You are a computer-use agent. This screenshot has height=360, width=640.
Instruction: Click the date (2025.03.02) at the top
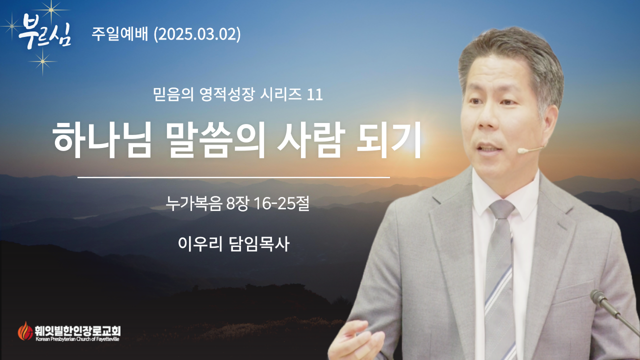pyautogui.click(x=197, y=34)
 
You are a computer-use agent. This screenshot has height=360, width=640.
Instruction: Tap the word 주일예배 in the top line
pyautogui.click(x=120, y=34)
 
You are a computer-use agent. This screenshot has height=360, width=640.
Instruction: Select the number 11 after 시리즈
pyautogui.click(x=315, y=95)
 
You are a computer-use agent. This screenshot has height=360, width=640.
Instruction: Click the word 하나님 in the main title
pyautogui.click(x=102, y=139)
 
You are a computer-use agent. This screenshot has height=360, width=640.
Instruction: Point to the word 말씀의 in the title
pyautogui.click(x=217, y=139)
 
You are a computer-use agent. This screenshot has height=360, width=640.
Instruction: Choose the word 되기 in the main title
pyautogui.click(x=388, y=139)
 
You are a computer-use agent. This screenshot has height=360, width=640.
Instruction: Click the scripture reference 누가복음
pyautogui.click(x=194, y=203)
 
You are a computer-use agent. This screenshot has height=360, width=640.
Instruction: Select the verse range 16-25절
pyautogui.click(x=281, y=203)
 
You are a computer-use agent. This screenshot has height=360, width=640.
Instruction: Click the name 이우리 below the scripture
pyautogui.click(x=200, y=244)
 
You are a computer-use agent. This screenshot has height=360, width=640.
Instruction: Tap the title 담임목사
pyautogui.click(x=259, y=244)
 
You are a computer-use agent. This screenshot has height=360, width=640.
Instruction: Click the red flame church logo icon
pyautogui.click(x=25, y=331)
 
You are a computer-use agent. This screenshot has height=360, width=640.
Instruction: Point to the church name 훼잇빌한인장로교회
pyautogui.click(x=77, y=331)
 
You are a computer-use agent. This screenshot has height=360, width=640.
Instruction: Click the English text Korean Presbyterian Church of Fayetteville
pyautogui.click(x=77, y=339)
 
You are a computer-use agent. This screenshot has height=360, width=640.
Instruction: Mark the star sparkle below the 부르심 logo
pyautogui.click(x=42, y=61)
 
